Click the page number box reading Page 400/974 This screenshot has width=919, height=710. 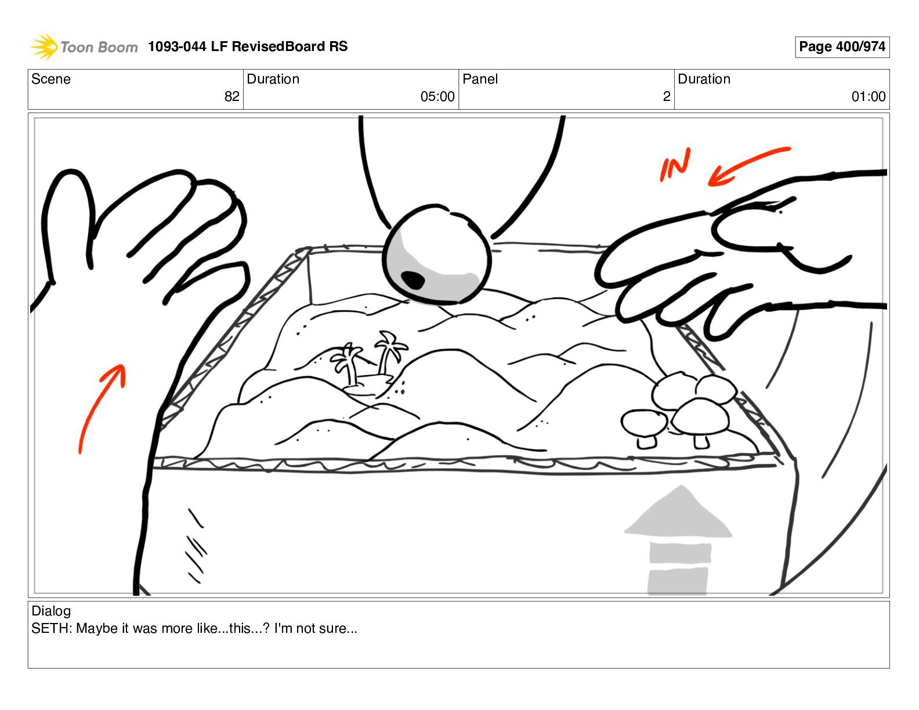pyautogui.click(x=842, y=46)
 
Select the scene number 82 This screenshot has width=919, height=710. pyautogui.click(x=231, y=96)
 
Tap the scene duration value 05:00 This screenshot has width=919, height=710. pyautogui.click(x=437, y=96)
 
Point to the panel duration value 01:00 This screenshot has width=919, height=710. pyautogui.click(x=869, y=96)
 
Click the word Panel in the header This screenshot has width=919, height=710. pyautogui.click(x=480, y=79)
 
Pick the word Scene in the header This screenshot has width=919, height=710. pyautogui.click(x=50, y=79)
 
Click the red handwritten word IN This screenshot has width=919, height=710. pyautogui.click(x=675, y=165)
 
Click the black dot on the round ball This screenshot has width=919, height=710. pyautogui.click(x=413, y=280)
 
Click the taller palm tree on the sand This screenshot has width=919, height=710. pyautogui.click(x=389, y=353)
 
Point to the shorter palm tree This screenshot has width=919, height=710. pyautogui.click(x=348, y=364)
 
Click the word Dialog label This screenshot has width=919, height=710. pyautogui.click(x=51, y=611)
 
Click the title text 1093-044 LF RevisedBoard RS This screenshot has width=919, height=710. pyautogui.click(x=248, y=46)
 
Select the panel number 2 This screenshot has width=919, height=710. pyautogui.click(x=667, y=96)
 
